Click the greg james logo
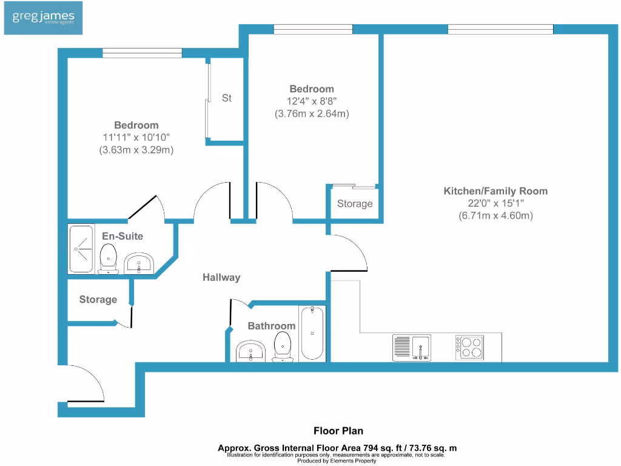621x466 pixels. (x=43, y=18)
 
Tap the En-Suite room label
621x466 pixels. (x=123, y=236)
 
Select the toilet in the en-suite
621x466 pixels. (x=108, y=258)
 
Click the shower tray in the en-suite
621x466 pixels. (x=81, y=249)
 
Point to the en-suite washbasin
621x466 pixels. (x=139, y=263)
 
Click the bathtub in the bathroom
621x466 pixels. (x=312, y=333)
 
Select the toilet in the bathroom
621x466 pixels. (x=283, y=346)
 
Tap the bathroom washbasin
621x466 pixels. (x=250, y=351)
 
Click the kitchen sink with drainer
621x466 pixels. (x=412, y=348)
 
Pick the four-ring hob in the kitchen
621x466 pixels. (x=469, y=348)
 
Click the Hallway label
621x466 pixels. (x=221, y=277)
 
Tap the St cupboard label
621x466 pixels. (x=227, y=98)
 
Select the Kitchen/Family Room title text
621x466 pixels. (x=495, y=191)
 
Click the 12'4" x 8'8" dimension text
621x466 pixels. (x=312, y=101)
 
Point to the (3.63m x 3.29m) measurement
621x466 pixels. (x=136, y=150)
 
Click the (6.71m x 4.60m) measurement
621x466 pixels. (x=496, y=216)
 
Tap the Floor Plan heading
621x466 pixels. (x=338, y=431)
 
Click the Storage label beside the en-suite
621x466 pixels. (x=98, y=300)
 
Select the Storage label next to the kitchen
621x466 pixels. (x=355, y=204)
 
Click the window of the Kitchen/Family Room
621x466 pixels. (x=500, y=29)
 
